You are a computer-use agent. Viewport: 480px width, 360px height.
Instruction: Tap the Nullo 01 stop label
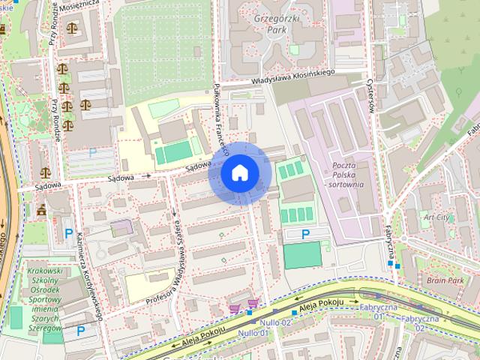pyautogui.click(x=253, y=332)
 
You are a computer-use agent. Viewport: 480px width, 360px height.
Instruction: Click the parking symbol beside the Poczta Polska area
pyautogui.click(x=305, y=235)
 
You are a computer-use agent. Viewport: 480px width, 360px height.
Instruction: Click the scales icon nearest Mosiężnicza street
pyautogui.click(x=71, y=28)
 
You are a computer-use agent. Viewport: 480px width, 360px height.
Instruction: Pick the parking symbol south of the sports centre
pyautogui.click(x=80, y=330)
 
